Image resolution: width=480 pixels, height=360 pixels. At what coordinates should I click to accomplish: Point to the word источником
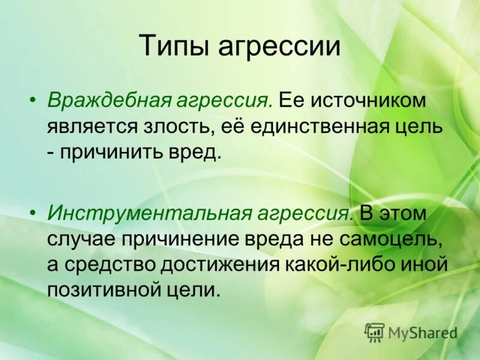pyautogui.click(x=368, y=100)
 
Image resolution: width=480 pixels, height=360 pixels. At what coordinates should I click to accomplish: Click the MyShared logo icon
pyautogui.click(x=374, y=332)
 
